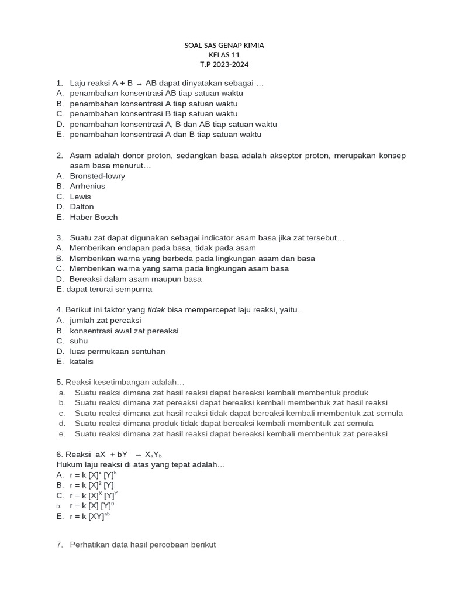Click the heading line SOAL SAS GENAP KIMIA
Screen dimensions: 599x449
(224, 45)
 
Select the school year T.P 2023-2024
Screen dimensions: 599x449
(224, 65)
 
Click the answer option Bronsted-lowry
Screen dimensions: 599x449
(97, 176)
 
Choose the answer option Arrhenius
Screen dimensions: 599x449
(88, 186)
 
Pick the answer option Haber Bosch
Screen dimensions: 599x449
(94, 217)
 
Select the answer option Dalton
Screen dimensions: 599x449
(82, 206)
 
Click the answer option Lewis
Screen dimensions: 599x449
(81, 197)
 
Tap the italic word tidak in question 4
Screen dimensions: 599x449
(155, 310)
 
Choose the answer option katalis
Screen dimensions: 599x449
(81, 362)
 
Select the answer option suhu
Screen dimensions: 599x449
(79, 341)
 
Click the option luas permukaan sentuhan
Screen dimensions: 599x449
(117, 352)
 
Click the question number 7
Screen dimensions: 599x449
(60, 545)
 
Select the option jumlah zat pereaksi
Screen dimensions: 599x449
(105, 321)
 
